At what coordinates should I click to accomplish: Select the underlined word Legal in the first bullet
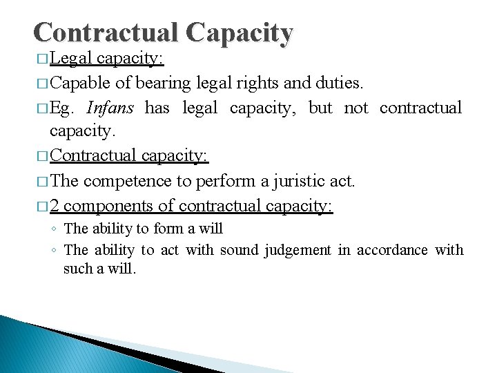pos(72,58)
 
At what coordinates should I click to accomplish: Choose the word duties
pos(339,83)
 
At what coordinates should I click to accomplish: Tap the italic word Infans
pos(110,108)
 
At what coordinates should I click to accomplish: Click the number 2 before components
pos(55,206)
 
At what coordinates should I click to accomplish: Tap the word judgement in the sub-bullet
pos(298,250)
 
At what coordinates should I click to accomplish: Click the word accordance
pos(392,250)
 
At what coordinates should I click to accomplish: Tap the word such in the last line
pos(77,268)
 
